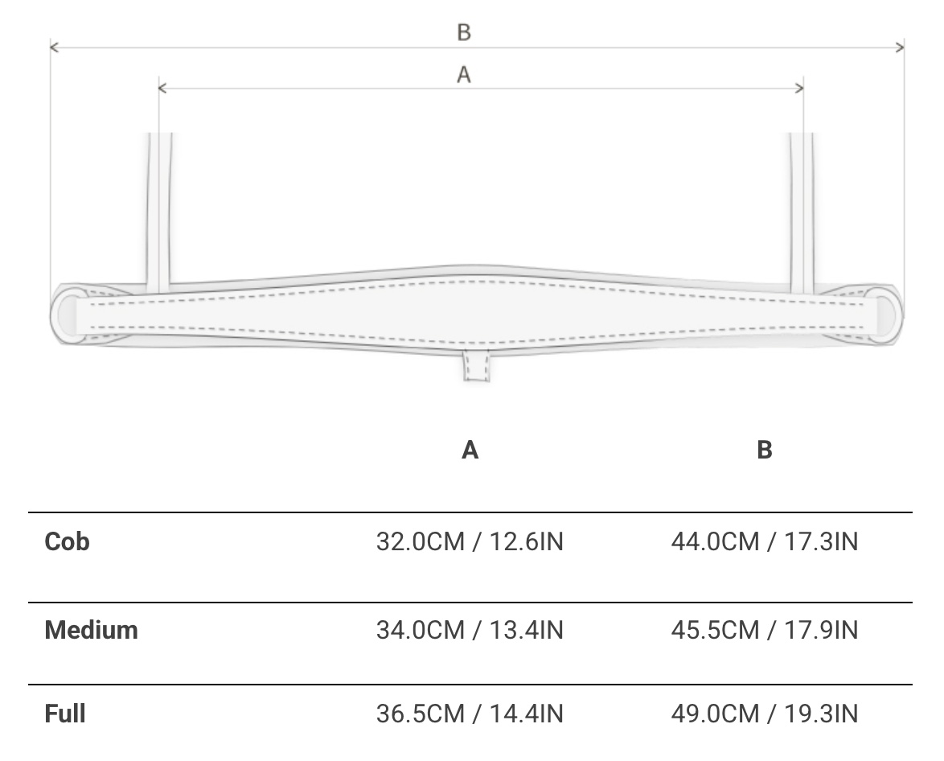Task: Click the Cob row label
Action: [x=67, y=541]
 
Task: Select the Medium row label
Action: [x=92, y=630]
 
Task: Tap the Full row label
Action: [x=65, y=714]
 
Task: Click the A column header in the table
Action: [x=470, y=450]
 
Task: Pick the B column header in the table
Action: [x=765, y=450]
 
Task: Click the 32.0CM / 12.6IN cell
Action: [x=470, y=541]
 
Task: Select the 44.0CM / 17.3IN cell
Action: [x=765, y=541]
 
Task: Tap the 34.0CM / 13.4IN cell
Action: [x=470, y=630]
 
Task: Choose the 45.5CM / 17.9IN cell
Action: [x=765, y=630]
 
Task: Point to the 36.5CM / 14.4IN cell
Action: [x=470, y=714]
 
